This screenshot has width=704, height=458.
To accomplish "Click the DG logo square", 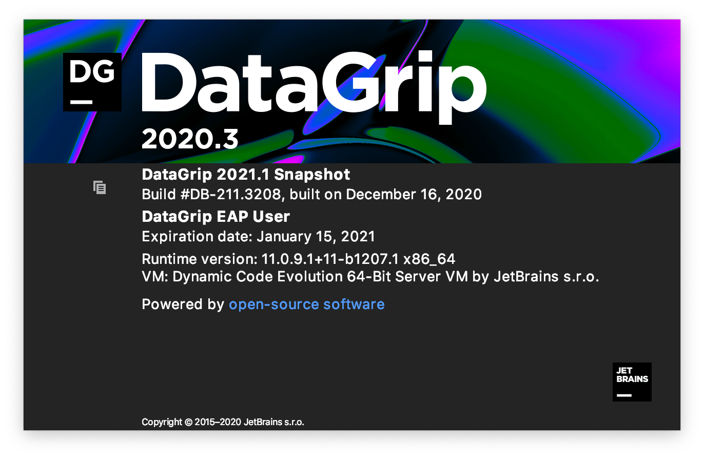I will click(x=92, y=82).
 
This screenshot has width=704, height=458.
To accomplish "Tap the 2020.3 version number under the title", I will click(x=190, y=139).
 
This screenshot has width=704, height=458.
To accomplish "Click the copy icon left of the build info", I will click(x=100, y=187).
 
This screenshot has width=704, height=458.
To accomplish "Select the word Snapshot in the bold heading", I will click(x=312, y=175).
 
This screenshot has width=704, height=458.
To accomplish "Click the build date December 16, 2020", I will click(x=414, y=195).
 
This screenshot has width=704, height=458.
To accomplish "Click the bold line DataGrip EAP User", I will click(x=216, y=216).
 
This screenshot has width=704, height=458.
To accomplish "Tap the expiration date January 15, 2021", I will click(x=316, y=236).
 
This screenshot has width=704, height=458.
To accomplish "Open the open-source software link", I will click(x=306, y=304).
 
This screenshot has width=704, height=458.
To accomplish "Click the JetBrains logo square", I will click(x=632, y=382).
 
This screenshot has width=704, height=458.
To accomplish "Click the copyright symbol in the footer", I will click(x=188, y=423).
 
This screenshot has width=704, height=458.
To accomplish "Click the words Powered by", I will click(x=183, y=304).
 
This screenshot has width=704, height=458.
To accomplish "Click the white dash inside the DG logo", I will click(x=81, y=102).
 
